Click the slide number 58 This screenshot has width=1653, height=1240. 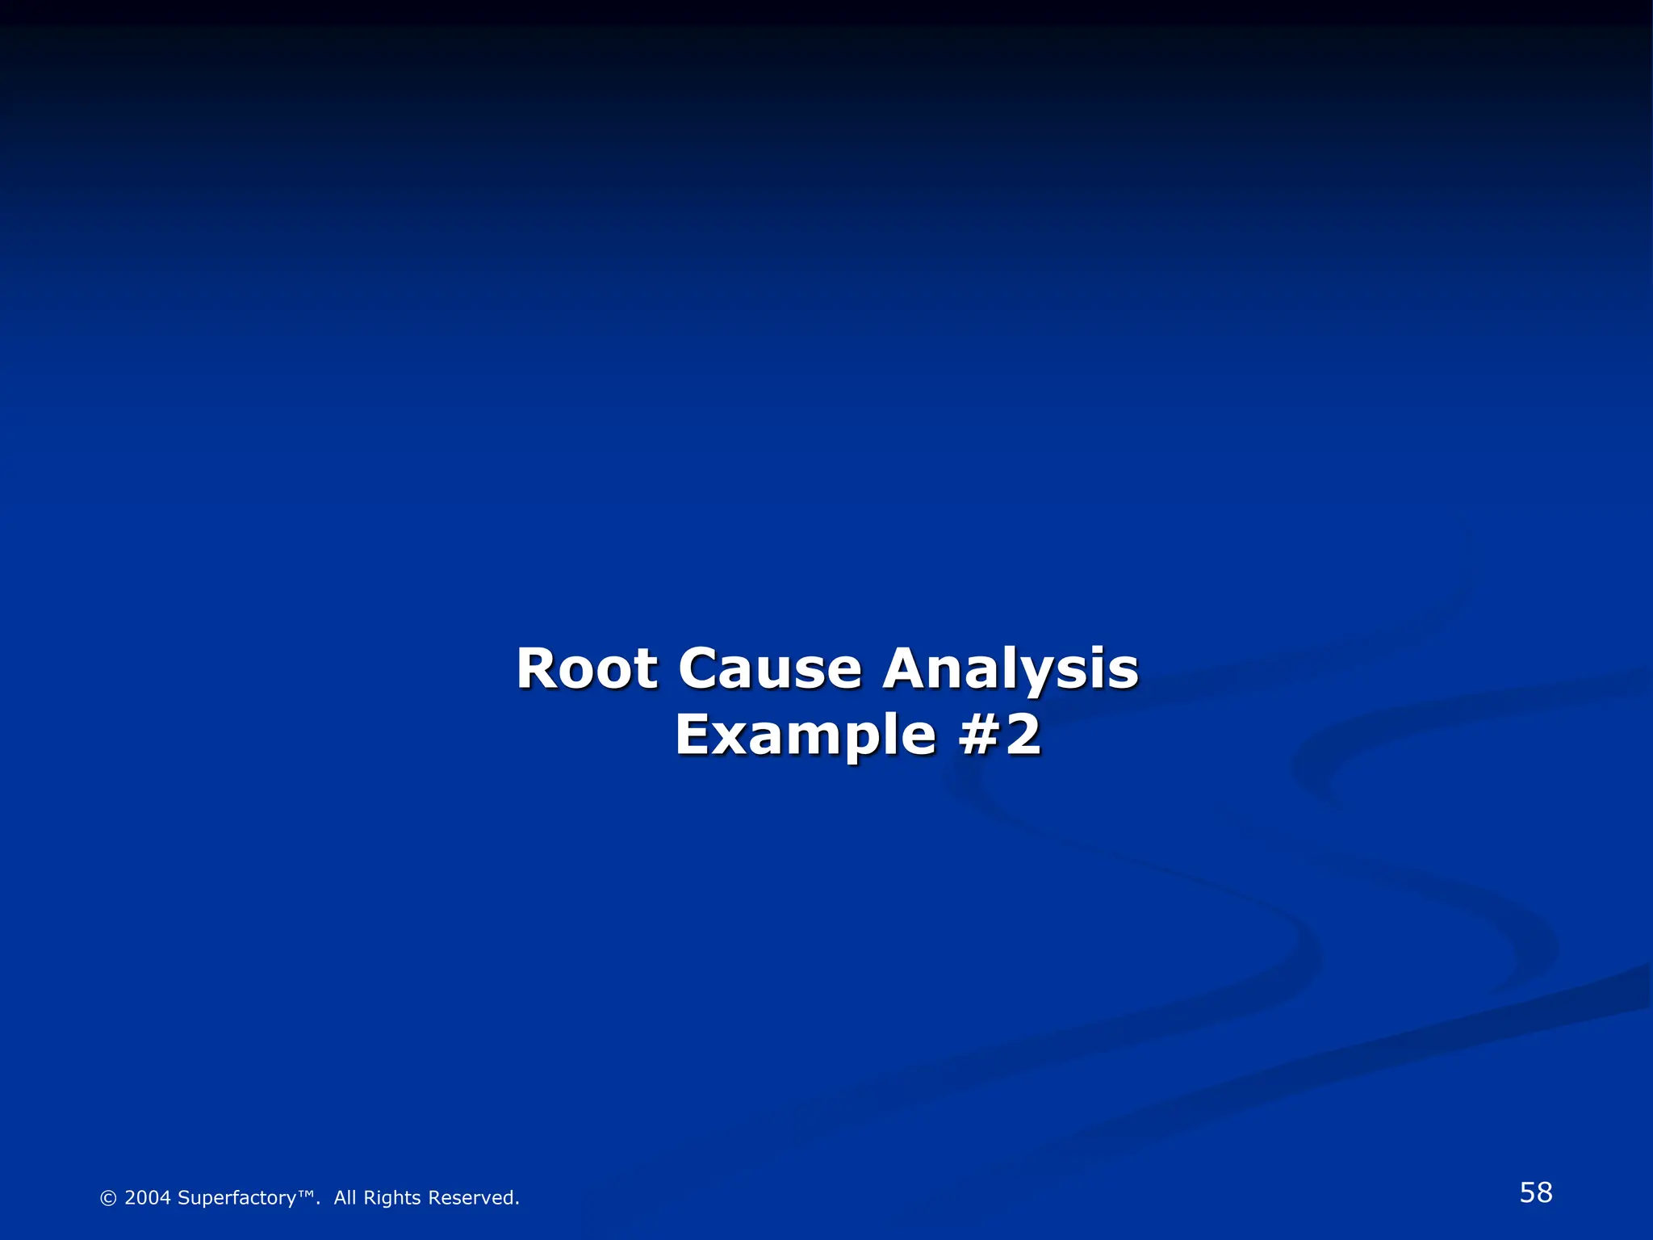click(x=1535, y=1192)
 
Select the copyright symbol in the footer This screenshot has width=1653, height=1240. click(x=108, y=1198)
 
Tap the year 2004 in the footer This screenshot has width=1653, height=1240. click(x=148, y=1197)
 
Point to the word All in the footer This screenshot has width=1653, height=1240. click(x=345, y=1197)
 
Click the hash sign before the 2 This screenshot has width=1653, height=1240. click(x=978, y=735)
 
